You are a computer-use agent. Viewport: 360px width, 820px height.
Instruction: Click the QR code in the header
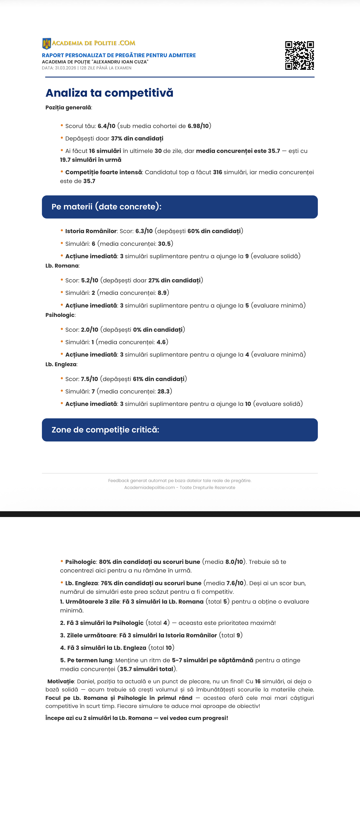[299, 55]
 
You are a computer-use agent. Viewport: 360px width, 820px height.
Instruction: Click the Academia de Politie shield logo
[46, 44]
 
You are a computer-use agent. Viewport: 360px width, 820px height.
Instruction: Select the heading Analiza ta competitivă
[109, 93]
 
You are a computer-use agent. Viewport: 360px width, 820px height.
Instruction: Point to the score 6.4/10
[106, 126]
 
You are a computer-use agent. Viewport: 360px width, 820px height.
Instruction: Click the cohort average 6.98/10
[198, 126]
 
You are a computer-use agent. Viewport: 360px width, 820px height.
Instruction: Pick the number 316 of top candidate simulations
[217, 172]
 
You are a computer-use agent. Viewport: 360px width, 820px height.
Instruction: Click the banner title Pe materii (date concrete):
[106, 207]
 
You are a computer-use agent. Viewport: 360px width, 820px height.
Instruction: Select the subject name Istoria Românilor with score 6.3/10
[91, 231]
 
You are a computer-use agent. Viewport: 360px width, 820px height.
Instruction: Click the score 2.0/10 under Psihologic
[90, 330]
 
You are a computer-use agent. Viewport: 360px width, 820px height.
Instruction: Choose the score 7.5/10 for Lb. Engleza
[90, 379]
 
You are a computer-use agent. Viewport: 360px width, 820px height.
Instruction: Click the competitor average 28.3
[163, 392]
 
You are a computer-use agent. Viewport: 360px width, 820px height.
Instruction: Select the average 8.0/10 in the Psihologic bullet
[234, 562]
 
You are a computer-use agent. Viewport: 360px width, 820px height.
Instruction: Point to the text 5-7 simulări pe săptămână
[212, 660]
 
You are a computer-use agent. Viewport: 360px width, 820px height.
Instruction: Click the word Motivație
[61, 681]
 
